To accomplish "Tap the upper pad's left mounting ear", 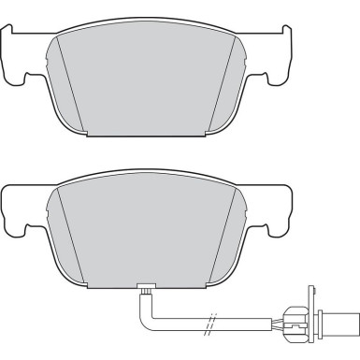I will click(x=16, y=54).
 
